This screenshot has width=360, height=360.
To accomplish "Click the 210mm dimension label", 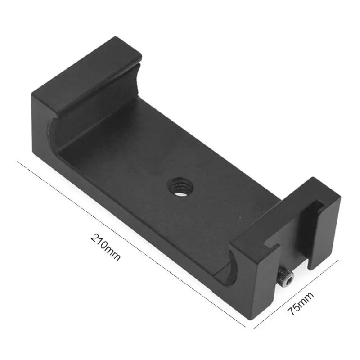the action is tap(105, 247).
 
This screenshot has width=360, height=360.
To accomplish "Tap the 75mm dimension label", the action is tap(301, 304).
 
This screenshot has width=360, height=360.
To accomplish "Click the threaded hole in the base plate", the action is tap(180, 186).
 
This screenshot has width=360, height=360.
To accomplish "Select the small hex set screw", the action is tap(286, 278).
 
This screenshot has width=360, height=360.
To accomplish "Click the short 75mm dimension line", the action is tap(296, 294).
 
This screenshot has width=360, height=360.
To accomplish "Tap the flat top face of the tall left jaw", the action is tap(87, 74).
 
